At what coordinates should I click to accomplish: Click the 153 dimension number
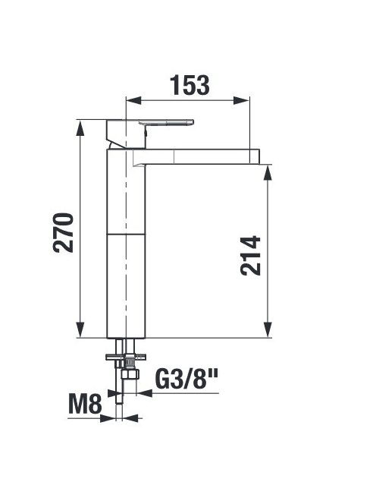pyautogui.click(x=190, y=85)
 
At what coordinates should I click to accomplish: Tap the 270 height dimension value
pyautogui.click(x=64, y=233)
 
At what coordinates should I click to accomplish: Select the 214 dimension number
pyautogui.click(x=250, y=256)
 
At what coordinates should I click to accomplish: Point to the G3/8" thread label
pyautogui.click(x=186, y=379)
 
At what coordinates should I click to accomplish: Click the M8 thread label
pyautogui.click(x=85, y=404)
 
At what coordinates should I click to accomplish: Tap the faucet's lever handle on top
pyautogui.click(x=166, y=123)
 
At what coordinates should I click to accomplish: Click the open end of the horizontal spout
pyautogui.click(x=259, y=156)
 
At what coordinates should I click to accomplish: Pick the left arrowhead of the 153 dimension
pyautogui.click(x=133, y=100)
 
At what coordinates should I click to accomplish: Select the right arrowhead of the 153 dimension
pyautogui.click(x=242, y=100)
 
